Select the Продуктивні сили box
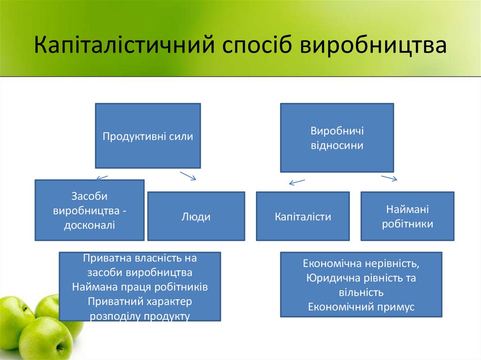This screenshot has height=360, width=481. pos(148,136)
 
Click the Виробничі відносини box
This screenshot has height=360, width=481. pos(337,138)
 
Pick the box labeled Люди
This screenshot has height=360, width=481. pos(196,216)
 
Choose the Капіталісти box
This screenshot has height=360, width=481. pos(303,216)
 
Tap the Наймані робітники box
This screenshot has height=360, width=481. pos(407,216)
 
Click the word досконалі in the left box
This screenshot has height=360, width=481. pos(90,225)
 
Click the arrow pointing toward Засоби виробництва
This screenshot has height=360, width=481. pos(101,177)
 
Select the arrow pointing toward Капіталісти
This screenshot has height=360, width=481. pos(297,182)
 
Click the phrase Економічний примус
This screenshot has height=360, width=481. pos(361,306)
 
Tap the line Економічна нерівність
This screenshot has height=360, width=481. pos(361,263)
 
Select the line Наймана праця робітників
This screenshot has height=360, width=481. pos(140,286)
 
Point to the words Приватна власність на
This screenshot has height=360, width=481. pos(140,258)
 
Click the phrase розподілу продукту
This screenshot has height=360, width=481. pos(140,316)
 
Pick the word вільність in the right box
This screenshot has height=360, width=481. pos(361,292)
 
